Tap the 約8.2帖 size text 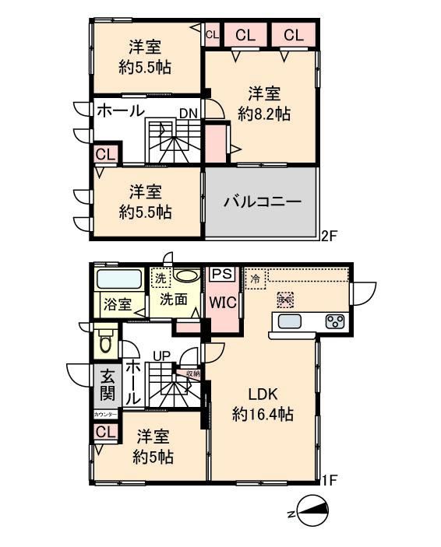point(264,114)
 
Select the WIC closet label point(220,303)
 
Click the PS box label point(221,275)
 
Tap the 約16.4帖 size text point(263,415)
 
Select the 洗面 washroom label point(174,298)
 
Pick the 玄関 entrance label point(108,385)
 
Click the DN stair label point(188,114)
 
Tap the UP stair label point(161,356)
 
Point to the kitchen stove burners point(334,322)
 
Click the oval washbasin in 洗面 point(186,275)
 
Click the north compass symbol point(309,512)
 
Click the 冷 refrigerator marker point(255,277)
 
